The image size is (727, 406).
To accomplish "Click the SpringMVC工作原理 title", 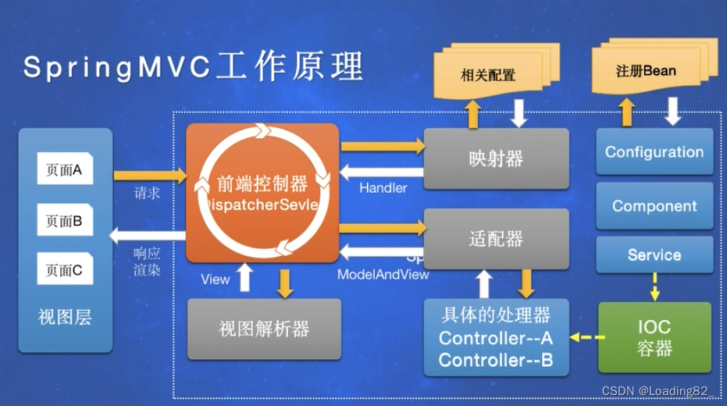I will click(193, 67).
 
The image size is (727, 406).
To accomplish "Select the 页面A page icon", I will click(65, 169).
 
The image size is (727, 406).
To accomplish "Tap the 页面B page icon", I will click(65, 220).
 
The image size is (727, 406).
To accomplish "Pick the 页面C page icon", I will click(65, 270).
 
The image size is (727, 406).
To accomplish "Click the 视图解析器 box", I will click(264, 328).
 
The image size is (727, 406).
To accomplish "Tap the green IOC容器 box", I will click(654, 337).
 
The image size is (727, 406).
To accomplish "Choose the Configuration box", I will click(654, 152).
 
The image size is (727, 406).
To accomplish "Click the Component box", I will click(654, 206).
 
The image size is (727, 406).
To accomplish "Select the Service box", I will click(654, 255).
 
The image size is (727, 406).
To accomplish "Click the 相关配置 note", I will click(488, 76).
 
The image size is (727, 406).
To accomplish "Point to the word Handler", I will click(383, 188).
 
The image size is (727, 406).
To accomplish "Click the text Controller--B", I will click(496, 360).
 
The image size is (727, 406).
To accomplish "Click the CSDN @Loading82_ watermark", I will click(661, 390).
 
